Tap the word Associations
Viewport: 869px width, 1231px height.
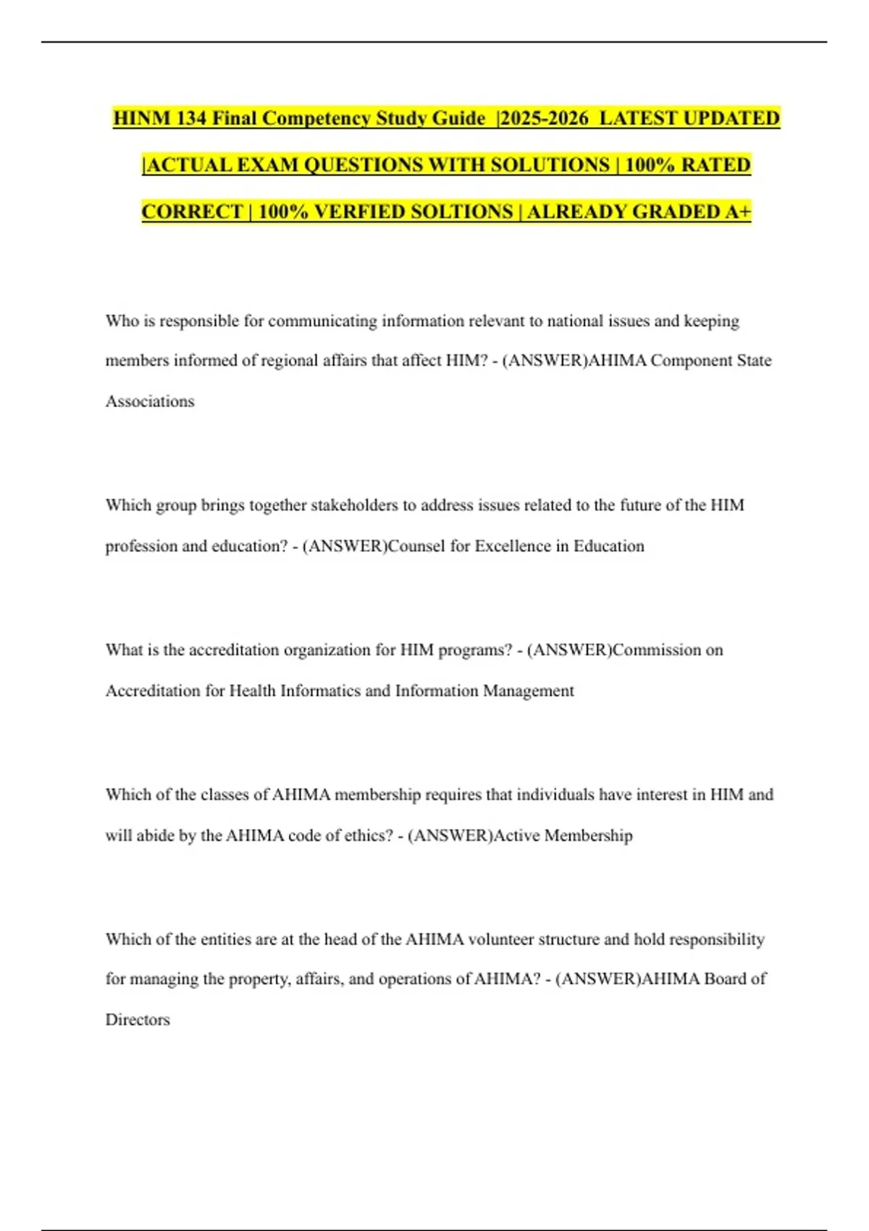[x=150, y=401]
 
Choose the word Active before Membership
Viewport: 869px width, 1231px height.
[x=516, y=836]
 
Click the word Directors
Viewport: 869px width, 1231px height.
[x=138, y=1020]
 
